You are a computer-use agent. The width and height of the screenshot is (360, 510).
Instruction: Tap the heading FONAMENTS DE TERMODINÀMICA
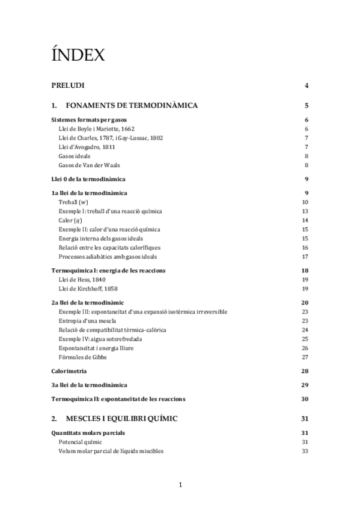[x=132, y=106]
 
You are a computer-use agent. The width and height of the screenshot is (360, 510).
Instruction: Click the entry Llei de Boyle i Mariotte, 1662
[x=96, y=129]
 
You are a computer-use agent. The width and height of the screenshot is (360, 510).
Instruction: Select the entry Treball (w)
[x=73, y=202]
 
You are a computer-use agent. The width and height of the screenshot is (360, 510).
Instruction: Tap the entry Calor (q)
[x=70, y=220]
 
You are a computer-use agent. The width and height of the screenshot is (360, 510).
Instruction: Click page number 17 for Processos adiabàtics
[x=305, y=256]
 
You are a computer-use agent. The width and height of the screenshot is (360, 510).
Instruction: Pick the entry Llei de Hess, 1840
[x=83, y=279]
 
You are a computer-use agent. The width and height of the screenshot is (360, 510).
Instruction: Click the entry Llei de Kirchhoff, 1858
[x=89, y=288]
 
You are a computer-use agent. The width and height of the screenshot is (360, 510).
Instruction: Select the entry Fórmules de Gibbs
[x=82, y=357]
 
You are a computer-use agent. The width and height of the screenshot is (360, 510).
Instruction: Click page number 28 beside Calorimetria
[x=305, y=371]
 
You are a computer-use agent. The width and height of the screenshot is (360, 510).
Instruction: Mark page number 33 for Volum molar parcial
[x=305, y=450]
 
